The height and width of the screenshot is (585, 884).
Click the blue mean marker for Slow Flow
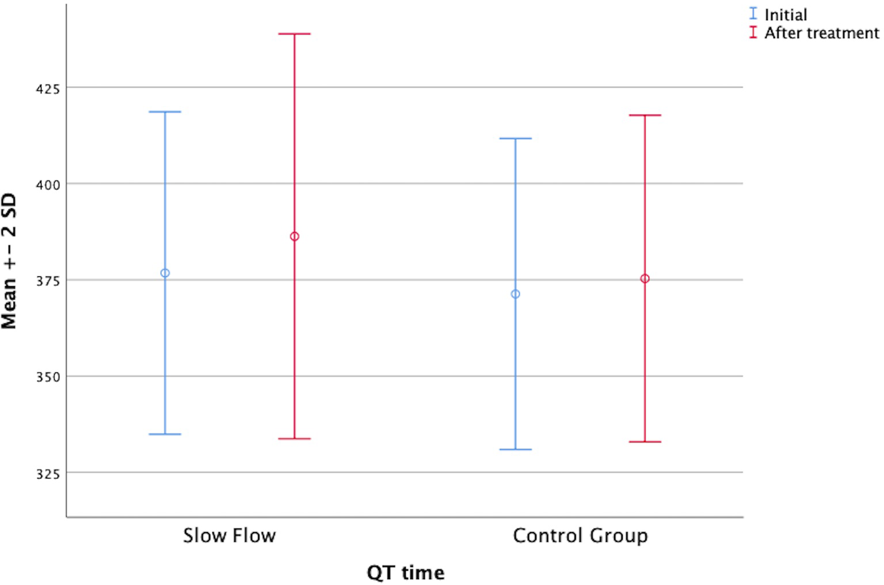pos(165,273)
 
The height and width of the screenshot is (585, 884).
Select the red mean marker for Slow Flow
pos(294,236)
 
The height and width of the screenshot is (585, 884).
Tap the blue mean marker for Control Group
pos(515,294)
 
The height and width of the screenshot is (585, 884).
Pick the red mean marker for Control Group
pos(645,278)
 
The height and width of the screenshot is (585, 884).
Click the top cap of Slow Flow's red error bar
pos(294,34)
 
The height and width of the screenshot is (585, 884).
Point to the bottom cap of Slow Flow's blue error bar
pos(165,434)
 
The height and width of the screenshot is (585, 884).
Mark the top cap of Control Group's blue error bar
pos(515,139)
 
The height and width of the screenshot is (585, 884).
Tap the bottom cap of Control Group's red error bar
pos(645,442)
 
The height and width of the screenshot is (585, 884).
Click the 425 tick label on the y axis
pos(48,89)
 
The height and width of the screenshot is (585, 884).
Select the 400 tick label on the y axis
pos(48,185)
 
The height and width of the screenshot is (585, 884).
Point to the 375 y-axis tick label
pos(48,281)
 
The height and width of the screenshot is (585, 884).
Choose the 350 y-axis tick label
pos(48,377)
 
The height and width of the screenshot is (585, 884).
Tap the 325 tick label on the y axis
pos(48,474)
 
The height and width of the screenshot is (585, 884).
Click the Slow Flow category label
pos(229,535)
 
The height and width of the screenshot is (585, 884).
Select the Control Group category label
pos(580,535)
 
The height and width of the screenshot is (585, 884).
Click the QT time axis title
pos(405,572)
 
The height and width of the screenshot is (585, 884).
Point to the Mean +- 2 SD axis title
pos(9,261)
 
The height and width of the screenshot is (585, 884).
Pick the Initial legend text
pos(786,15)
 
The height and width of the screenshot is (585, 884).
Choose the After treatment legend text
pos(822,33)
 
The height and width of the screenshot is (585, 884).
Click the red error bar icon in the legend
pos(753,32)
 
